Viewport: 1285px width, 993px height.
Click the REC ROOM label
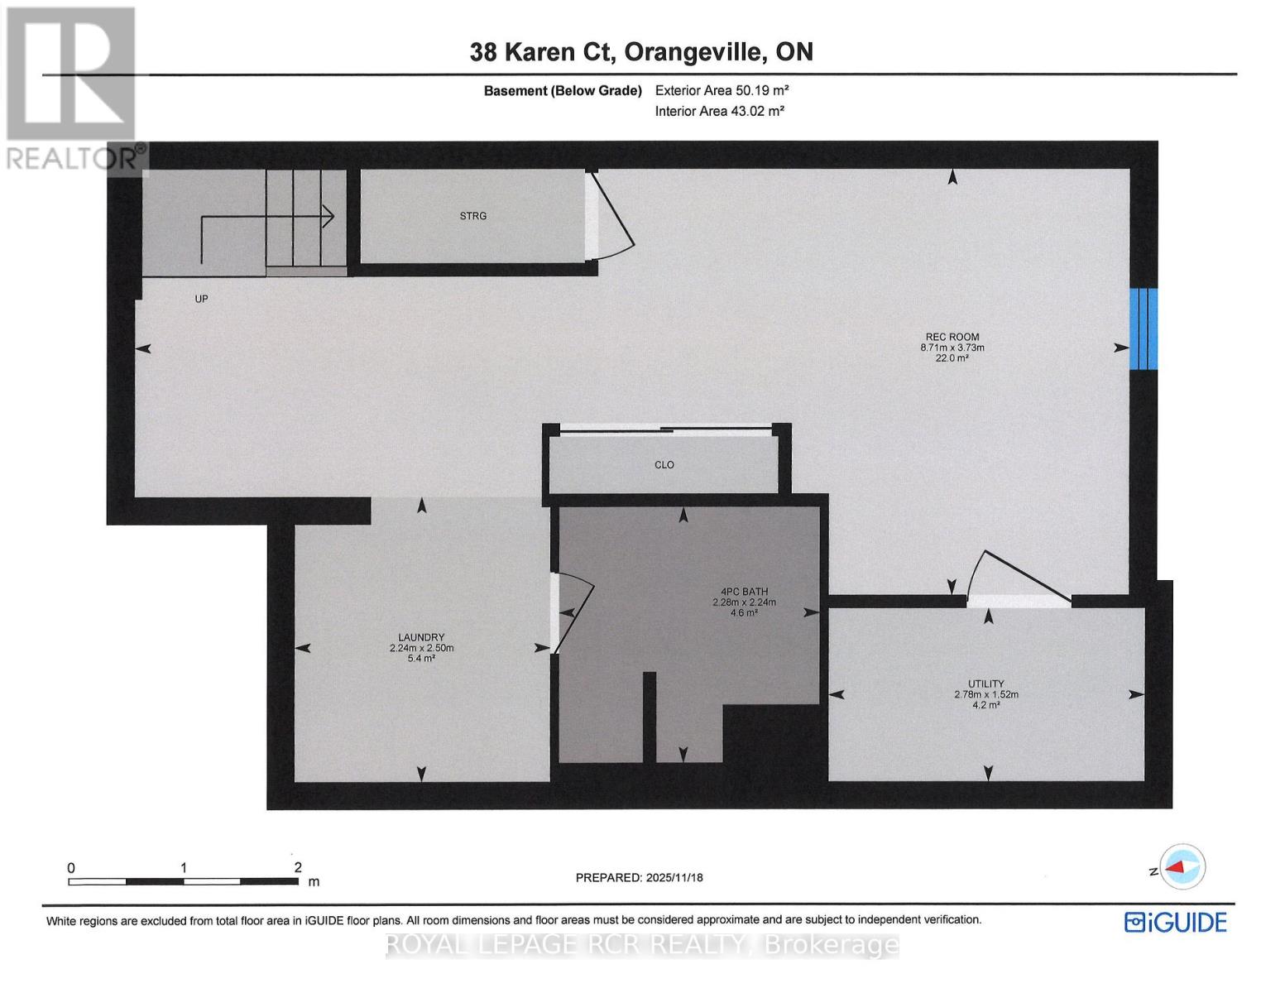coord(952,337)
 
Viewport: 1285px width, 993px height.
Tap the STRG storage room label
coord(473,216)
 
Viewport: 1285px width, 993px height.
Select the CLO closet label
coord(664,465)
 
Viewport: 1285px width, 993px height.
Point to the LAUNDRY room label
coord(421,637)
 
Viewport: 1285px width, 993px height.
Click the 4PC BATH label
coord(744,592)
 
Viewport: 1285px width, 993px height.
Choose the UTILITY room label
coord(985,684)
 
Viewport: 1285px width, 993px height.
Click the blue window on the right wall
coord(1144,329)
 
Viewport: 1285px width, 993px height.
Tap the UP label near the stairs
coord(201,299)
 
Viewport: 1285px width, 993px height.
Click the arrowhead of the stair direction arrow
coord(328,217)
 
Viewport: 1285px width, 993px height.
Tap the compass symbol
coord(1184,868)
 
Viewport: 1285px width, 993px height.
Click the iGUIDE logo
coord(1175,922)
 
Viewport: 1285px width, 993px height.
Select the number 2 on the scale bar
coord(298,868)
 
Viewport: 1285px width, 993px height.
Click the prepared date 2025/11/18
coord(674,877)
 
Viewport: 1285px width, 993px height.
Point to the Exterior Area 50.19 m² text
coord(716,91)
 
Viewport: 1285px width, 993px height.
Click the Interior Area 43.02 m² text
coord(719,111)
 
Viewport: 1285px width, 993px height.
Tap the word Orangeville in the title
coord(692,52)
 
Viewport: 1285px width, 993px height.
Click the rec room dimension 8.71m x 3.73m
coord(952,348)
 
